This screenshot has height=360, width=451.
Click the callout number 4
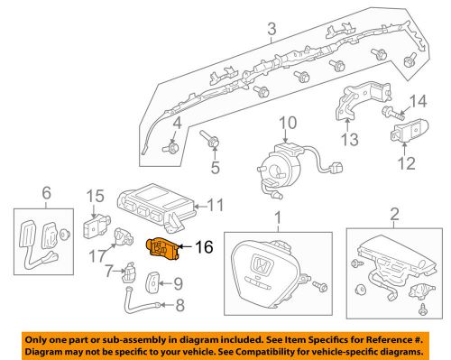click(177, 122)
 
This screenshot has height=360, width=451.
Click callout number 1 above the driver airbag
click(278, 217)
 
